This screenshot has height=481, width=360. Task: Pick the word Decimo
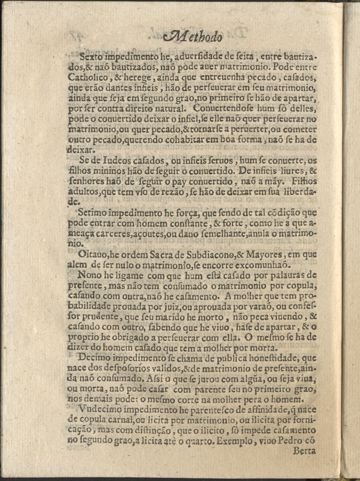click(96, 358)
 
